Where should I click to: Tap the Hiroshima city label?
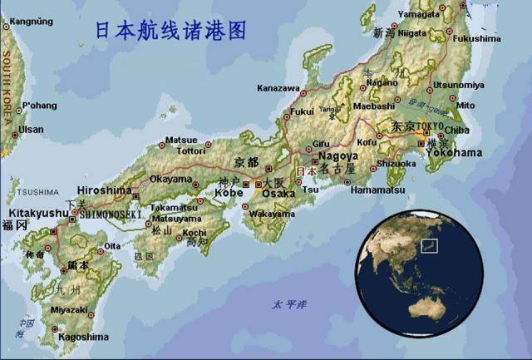(x=105, y=190)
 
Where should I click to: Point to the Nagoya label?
(x=337, y=155)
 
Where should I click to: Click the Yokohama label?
(x=452, y=153)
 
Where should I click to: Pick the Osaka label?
(x=278, y=193)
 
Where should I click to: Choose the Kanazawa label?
(x=278, y=87)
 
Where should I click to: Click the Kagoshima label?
(x=85, y=337)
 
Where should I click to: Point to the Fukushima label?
(x=477, y=39)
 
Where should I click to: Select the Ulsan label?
(x=32, y=130)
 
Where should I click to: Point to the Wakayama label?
(x=271, y=214)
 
